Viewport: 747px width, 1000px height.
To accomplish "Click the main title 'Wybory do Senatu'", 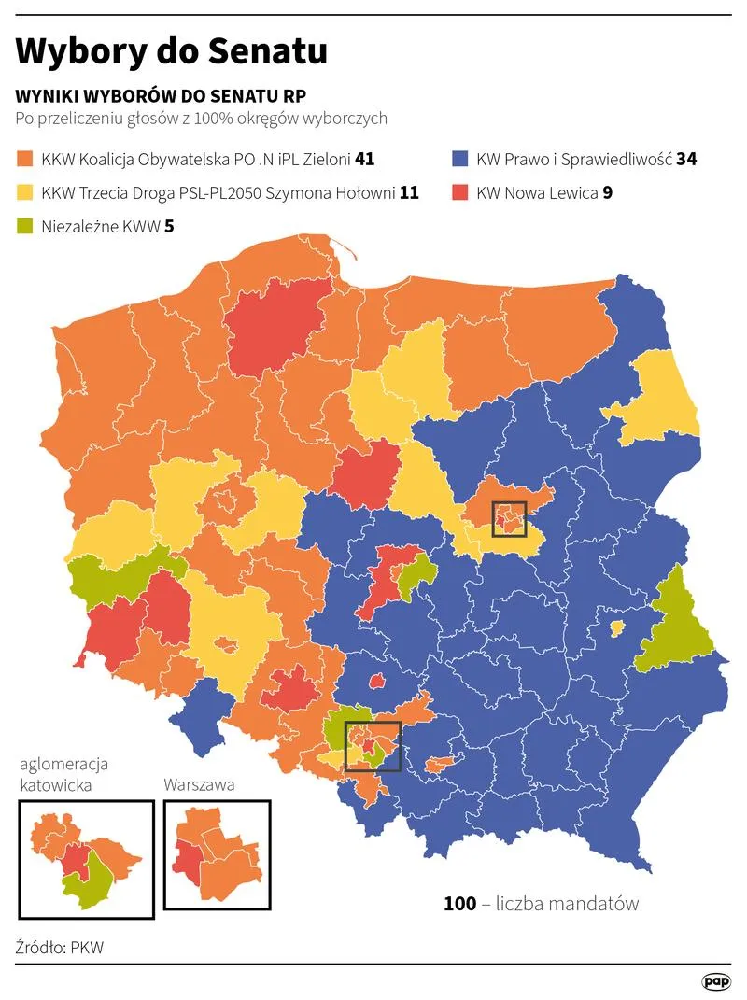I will [x=171, y=51].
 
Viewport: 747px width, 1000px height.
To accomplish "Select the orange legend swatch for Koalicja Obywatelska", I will [x=24, y=159].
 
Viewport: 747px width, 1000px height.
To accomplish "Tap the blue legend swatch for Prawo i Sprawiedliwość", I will [x=458, y=159].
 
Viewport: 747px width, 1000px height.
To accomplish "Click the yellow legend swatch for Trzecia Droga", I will [x=24, y=193].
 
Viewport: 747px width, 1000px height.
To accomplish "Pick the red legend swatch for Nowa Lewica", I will [x=458, y=193].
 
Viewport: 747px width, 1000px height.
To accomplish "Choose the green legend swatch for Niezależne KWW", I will [x=24, y=226].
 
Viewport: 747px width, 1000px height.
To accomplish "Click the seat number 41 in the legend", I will [x=365, y=159].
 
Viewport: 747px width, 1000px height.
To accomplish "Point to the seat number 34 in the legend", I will [x=686, y=159].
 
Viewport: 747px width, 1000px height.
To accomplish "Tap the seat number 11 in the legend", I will [x=409, y=193].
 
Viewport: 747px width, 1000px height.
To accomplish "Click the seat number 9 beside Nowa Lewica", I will [x=607, y=193].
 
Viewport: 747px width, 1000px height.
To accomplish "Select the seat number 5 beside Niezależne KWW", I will [x=169, y=226].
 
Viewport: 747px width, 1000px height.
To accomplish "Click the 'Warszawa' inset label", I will [x=199, y=785].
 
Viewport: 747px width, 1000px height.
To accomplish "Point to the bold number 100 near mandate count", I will [x=459, y=904].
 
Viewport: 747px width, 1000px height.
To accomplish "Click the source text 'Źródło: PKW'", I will [x=60, y=948].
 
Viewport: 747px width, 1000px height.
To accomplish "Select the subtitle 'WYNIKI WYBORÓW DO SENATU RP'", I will [x=161, y=97].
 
